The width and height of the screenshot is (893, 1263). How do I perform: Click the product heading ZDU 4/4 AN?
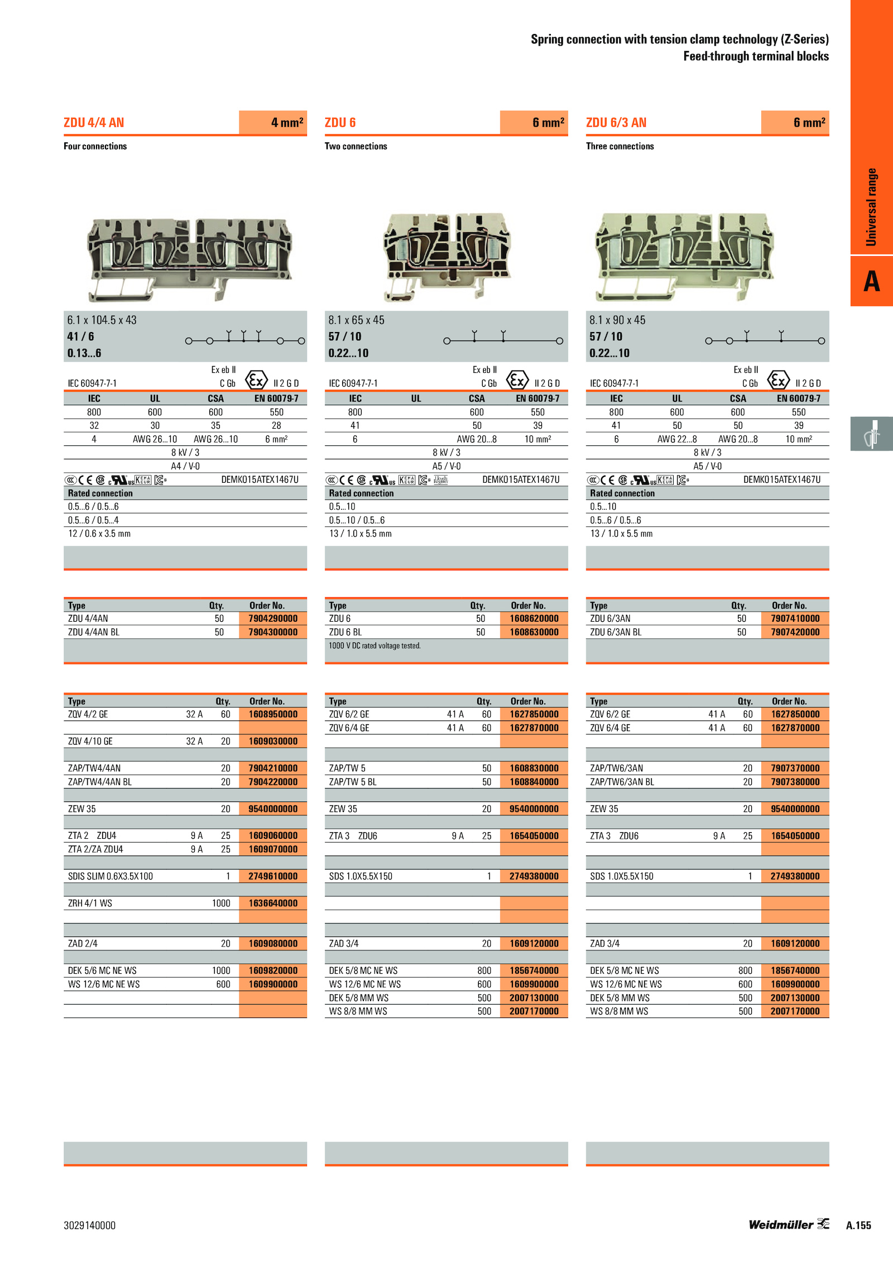94,123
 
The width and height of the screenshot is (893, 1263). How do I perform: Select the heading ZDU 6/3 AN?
616,123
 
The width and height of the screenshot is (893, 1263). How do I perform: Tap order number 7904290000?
273,618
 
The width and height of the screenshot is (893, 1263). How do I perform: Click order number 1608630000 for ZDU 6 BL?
534,632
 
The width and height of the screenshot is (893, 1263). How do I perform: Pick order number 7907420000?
795,632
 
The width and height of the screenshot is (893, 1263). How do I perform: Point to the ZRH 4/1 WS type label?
90,903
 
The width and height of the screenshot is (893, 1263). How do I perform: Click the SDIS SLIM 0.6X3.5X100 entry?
111,876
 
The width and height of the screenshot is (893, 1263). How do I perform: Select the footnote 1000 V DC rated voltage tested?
375,646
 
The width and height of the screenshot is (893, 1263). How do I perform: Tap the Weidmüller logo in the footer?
789,1224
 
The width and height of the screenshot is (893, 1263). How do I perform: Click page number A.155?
858,1226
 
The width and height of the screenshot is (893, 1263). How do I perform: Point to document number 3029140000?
89,1226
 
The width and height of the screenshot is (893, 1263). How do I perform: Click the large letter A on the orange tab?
872,281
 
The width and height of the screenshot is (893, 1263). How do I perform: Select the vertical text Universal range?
871,207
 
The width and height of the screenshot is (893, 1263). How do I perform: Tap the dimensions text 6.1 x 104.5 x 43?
102,320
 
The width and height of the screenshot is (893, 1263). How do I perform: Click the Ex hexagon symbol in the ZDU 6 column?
517,380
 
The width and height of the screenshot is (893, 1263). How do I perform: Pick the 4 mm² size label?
287,122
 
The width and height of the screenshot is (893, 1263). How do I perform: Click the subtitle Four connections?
95,146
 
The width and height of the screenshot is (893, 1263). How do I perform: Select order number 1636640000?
273,903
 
